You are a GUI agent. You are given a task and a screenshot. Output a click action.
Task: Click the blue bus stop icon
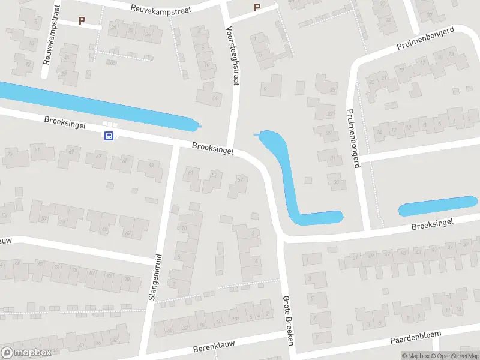tap(109, 136)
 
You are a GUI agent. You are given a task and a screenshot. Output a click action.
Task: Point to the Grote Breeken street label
tap(287, 322)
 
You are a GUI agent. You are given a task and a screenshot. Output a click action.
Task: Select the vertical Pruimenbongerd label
tap(353, 139)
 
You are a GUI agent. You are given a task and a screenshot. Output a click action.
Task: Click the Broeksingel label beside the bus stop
tap(65, 122)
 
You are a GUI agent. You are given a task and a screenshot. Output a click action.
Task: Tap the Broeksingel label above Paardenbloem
tap(431, 224)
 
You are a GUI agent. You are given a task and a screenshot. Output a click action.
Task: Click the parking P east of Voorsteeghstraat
tap(257, 8)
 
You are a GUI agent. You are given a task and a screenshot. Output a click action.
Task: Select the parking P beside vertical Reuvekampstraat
tap(82, 20)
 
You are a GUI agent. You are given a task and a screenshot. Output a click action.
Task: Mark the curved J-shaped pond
tap(288, 180)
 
